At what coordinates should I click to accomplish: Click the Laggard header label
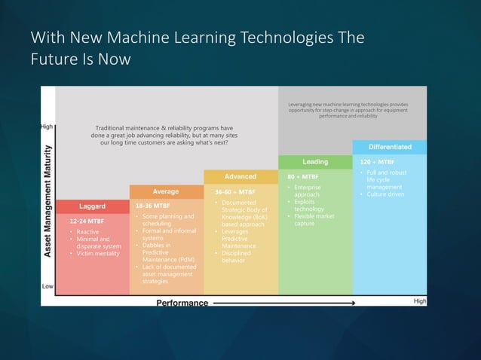click(92, 206)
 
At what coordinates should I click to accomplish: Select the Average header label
click(166, 191)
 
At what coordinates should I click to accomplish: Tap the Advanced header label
click(240, 177)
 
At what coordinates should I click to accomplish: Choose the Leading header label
click(315, 162)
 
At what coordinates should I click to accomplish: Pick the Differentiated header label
click(390, 147)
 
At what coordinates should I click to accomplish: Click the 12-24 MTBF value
click(87, 221)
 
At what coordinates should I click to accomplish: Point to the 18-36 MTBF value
click(152, 205)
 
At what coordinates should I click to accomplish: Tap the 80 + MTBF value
click(303, 176)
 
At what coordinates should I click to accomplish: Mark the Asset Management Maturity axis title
click(47, 201)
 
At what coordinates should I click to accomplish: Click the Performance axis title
click(182, 303)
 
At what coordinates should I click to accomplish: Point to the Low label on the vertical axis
click(47, 286)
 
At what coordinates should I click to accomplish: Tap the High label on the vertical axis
click(47, 127)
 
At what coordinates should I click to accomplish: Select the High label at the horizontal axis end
click(420, 301)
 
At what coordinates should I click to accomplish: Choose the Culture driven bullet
click(386, 194)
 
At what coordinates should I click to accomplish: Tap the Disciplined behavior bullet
click(238, 256)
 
